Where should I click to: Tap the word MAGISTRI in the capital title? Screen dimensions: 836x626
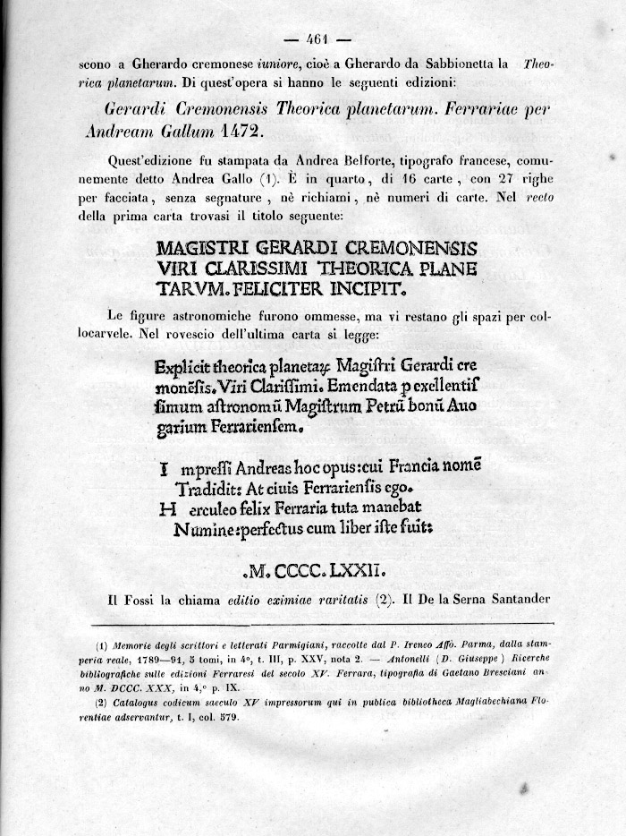(199, 248)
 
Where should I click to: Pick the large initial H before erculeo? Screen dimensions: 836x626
(165, 510)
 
